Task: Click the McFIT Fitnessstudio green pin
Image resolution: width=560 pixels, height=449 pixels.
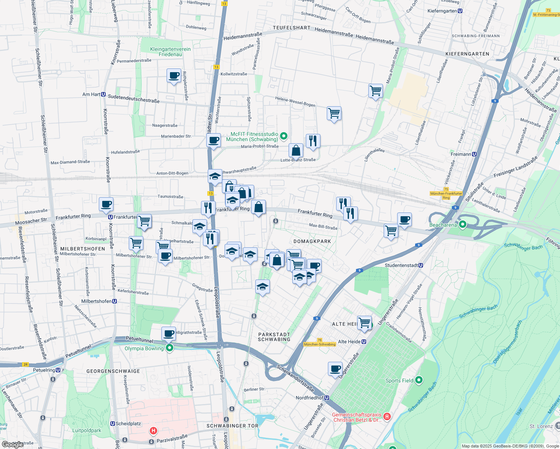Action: pyautogui.click(x=284, y=136)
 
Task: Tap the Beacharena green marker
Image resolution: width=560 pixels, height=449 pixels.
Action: pyautogui.click(x=462, y=224)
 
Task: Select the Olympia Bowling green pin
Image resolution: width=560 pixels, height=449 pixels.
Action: pyautogui.click(x=170, y=348)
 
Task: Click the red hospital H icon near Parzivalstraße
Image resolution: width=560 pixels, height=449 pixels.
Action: pyautogui.click(x=153, y=431)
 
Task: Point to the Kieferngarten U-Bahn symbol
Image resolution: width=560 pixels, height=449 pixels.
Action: pyautogui.click(x=460, y=11)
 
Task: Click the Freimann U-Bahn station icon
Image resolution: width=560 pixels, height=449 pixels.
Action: pyautogui.click(x=474, y=154)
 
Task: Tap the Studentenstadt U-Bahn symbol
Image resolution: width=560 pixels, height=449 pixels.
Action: pyautogui.click(x=421, y=265)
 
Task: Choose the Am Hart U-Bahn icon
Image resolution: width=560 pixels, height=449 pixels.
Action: pyautogui.click(x=103, y=94)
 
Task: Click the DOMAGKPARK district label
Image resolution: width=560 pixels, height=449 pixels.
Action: pyautogui.click(x=312, y=241)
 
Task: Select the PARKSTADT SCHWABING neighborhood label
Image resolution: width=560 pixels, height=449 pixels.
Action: pyautogui.click(x=274, y=337)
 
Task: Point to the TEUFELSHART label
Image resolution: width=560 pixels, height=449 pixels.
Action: pyautogui.click(x=292, y=28)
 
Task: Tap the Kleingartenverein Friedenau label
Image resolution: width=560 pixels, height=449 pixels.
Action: pyautogui.click(x=170, y=52)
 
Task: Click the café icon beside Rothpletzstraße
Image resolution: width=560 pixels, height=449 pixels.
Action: pyautogui.click(x=174, y=76)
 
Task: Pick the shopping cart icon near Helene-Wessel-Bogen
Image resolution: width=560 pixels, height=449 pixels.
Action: pyautogui.click(x=334, y=113)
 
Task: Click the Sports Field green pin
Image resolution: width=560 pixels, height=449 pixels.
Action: pyautogui.click(x=419, y=380)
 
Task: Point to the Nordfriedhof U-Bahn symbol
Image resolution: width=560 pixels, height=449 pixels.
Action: pyautogui.click(x=327, y=398)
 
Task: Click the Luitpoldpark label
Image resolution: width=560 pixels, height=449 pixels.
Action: pyautogui.click(x=86, y=430)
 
